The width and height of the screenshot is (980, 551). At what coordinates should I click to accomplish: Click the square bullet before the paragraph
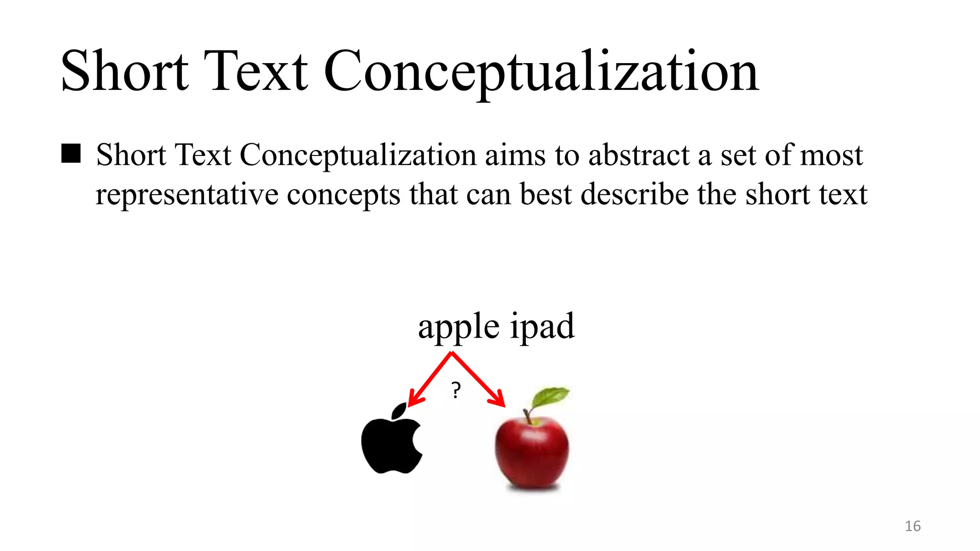click(x=71, y=154)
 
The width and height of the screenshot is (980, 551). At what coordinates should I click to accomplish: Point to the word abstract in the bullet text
click(x=639, y=155)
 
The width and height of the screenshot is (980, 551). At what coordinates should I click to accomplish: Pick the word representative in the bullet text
click(x=187, y=195)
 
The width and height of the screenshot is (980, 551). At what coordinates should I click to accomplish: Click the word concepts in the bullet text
click(x=343, y=195)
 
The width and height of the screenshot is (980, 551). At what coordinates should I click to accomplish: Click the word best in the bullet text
click(x=546, y=195)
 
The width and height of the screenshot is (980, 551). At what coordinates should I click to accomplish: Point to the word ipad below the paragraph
click(x=542, y=327)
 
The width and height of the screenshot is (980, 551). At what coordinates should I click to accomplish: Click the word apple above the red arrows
click(x=459, y=327)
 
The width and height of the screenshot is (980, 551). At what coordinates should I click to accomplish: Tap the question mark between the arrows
click(x=456, y=390)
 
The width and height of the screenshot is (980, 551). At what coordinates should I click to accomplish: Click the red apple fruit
click(x=532, y=452)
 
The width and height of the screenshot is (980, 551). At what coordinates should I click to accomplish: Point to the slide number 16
click(x=913, y=526)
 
